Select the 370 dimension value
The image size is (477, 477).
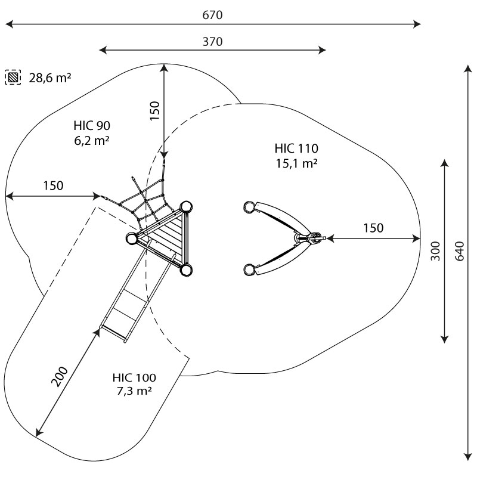[212, 42]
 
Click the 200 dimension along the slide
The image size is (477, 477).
[60, 377]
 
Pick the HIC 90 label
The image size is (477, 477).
[92, 126]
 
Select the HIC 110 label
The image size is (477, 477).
[296, 148]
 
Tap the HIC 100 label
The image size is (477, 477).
[134, 377]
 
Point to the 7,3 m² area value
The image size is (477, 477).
[134, 391]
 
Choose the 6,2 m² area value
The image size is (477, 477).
[92, 140]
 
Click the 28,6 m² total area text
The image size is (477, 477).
[50, 78]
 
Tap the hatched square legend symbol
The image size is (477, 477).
[13, 78]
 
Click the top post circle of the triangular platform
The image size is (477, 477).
[186, 207]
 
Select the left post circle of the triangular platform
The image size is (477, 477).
[132, 238]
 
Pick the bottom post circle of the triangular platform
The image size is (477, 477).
[187, 271]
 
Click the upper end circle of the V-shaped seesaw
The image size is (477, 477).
[249, 207]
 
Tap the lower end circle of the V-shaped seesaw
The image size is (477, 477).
[249, 270]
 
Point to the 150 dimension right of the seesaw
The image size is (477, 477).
[373, 227]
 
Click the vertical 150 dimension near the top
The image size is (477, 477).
[155, 111]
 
